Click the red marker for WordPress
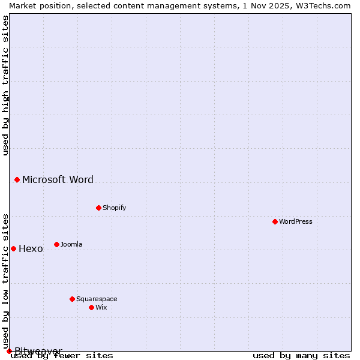tap(275, 221)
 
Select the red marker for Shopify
tap(98, 208)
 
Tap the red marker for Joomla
tap(56, 244)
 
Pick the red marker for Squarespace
tap(72, 299)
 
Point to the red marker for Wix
tap(91, 307)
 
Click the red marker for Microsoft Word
tap(17, 179)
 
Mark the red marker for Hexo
tap(13, 248)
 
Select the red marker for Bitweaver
tap(9, 351)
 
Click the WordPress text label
tap(296, 221)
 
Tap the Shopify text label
tap(114, 208)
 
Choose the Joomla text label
tap(71, 244)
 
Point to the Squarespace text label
tap(97, 299)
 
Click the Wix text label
tap(101, 307)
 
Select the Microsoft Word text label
tap(58, 179)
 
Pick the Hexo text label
tap(31, 248)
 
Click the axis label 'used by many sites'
tap(301, 355)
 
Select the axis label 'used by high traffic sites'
tap(6, 85)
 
